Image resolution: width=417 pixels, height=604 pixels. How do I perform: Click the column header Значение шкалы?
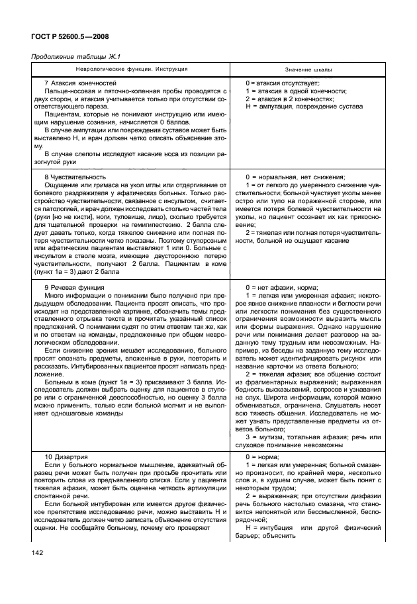click(309, 69)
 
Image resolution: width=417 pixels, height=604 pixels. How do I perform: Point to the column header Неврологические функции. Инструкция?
click(130, 69)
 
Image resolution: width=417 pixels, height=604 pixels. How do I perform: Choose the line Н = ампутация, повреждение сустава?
click(304, 107)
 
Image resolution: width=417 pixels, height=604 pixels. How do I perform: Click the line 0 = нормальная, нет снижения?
click(295, 178)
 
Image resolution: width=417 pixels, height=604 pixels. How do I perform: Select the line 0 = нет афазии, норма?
click(281, 288)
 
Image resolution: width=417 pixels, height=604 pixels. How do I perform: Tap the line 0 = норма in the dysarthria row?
click(263, 456)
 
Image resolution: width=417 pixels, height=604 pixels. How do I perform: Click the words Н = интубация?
click(273, 527)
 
